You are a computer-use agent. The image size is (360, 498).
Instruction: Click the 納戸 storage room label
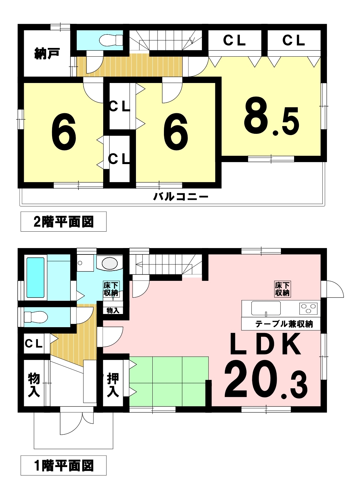(47, 53)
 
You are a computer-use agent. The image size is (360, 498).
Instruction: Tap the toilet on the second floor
(111, 40)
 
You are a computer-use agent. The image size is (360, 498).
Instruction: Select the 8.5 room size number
(272, 120)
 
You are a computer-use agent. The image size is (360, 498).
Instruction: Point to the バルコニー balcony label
(181, 196)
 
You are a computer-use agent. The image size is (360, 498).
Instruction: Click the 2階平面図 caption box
(63, 222)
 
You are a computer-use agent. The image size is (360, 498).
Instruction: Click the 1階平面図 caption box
(63, 465)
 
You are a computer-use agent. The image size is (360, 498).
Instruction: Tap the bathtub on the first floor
(35, 277)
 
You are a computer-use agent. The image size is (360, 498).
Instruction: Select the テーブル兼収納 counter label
(284, 324)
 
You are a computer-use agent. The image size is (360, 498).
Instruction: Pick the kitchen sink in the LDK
(265, 308)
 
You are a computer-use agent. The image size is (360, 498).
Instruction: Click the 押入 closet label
(113, 385)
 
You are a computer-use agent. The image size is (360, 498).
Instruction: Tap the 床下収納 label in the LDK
(282, 289)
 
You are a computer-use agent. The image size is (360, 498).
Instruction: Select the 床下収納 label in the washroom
(111, 289)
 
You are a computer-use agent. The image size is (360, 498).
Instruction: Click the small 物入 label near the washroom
(113, 310)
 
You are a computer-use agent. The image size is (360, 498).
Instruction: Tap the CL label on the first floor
(33, 344)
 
